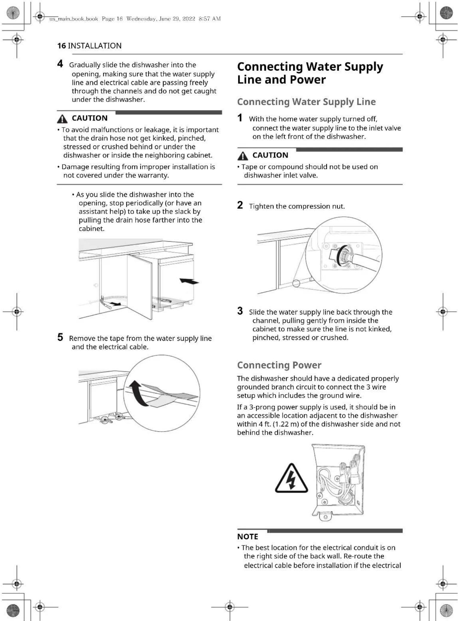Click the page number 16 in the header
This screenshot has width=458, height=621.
tap(62, 46)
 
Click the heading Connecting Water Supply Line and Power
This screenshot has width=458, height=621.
tap(310, 73)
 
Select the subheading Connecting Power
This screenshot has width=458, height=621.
tap(279, 365)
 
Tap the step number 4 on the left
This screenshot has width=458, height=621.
tap(60, 64)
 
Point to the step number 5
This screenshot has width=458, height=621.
tap(60, 337)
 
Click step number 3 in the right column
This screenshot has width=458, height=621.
tap(240, 311)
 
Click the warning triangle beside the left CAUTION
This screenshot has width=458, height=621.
tap(62, 119)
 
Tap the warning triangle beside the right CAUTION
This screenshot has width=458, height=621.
tap(243, 156)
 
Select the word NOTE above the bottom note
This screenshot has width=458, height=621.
tap(248, 537)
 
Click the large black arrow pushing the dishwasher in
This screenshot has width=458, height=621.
tap(189, 281)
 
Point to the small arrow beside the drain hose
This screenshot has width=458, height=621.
tap(116, 304)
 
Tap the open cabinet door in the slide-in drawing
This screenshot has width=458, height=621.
tap(140, 286)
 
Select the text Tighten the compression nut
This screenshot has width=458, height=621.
tap(297, 206)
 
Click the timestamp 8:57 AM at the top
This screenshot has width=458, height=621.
tap(210, 19)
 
